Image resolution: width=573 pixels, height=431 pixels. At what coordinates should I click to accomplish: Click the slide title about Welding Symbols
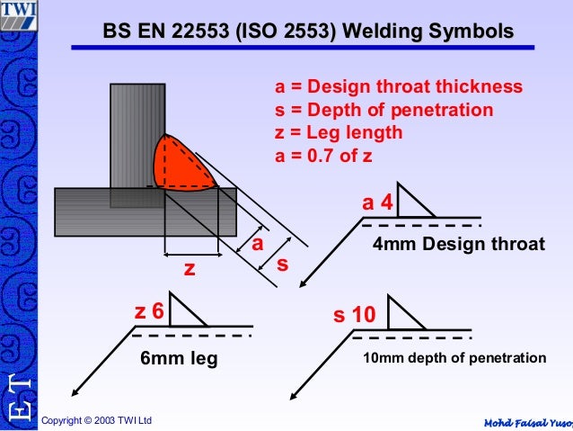pos(309,32)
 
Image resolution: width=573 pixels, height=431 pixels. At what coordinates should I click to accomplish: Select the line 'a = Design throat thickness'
pos(398,87)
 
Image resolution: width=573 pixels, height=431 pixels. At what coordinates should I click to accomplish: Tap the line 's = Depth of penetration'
pos(383,111)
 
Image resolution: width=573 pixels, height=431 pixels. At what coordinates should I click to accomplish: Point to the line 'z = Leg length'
pos(339,133)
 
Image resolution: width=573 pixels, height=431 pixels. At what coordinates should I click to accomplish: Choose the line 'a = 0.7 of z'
pos(323,155)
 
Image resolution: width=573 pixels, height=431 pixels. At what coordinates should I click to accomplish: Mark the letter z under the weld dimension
pos(190,269)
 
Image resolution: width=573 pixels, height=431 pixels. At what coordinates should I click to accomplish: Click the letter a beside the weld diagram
pos(257,245)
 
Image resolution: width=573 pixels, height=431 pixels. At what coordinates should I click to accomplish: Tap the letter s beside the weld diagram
pos(282,265)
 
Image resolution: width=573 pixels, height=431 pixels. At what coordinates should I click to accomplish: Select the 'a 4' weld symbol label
pos(377,204)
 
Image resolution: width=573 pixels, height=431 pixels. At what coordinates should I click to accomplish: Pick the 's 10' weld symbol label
pos(354,316)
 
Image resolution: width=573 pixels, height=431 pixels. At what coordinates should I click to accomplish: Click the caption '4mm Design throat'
pos(458,244)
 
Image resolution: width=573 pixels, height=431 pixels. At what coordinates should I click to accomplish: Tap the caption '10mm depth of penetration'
pos(454,358)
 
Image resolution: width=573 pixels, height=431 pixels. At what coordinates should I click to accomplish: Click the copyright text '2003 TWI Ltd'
pos(97,420)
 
